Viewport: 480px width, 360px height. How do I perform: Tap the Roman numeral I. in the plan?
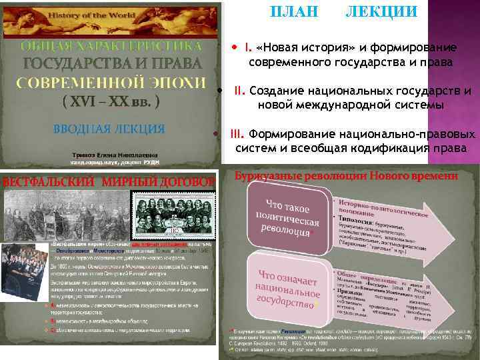pyautogui.click(x=248, y=47)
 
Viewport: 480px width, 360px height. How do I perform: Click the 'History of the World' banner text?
pyautogui.click(x=109, y=15)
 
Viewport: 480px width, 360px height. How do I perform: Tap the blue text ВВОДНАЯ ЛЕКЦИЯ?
pyautogui.click(x=109, y=128)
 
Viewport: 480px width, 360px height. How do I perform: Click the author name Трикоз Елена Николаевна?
pyautogui.click(x=110, y=155)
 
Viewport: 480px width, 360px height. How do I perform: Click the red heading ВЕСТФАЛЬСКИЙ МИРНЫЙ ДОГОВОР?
pyautogui.click(x=109, y=181)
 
